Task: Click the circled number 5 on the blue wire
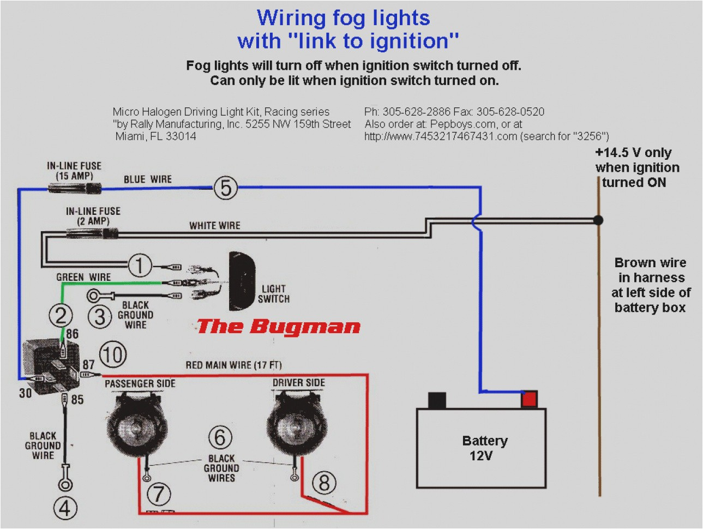pos(225,188)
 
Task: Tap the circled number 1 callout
pos(140,266)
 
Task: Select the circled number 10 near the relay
pos(112,354)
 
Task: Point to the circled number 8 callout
pos(324,483)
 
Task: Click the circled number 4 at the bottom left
pos(65,508)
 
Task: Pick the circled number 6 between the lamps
pos(220,437)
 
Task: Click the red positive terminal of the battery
pos(528,399)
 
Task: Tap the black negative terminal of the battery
pos(437,400)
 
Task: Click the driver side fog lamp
pos(290,423)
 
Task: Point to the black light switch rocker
pos(241,281)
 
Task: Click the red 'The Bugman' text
pos(278,327)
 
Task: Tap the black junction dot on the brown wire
pos(598,220)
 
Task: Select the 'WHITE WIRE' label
pos(214,225)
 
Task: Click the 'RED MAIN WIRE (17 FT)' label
pos(233,365)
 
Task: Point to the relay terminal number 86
pos(72,334)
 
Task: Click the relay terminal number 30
pos(25,393)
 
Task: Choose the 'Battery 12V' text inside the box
pos(484,448)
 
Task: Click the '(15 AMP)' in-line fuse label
pos(74,176)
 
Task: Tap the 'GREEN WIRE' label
pos(83,277)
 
